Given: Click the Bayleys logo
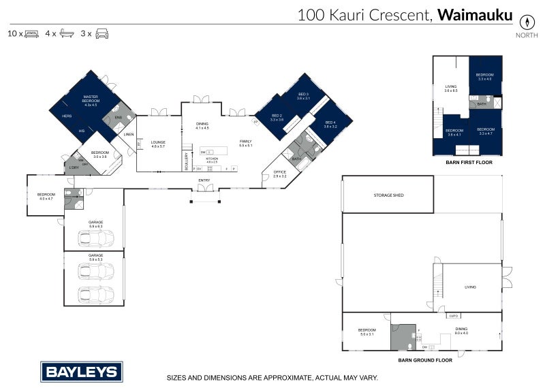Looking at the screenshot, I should point(82,372).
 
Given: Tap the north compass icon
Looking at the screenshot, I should point(526,21).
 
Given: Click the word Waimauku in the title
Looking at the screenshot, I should point(474,15).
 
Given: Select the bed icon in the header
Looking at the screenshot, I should point(31,33).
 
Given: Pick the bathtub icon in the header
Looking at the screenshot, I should point(67,33).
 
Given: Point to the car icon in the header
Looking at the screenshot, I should point(102,33).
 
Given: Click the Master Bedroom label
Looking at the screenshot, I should point(91,101).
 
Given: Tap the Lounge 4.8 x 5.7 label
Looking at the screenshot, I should point(158,144).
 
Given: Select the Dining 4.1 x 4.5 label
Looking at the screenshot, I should point(202,125).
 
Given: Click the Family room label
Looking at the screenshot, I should point(245,143).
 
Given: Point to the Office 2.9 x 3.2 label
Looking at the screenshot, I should point(279,174).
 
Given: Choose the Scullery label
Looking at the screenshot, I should point(185,161).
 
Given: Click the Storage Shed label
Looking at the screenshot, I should point(388,195).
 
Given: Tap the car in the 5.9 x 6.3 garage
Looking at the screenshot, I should point(95,239).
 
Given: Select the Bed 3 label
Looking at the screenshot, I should point(303,96).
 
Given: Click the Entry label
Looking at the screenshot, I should point(204,180).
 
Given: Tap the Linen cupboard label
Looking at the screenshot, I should point(129,134).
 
